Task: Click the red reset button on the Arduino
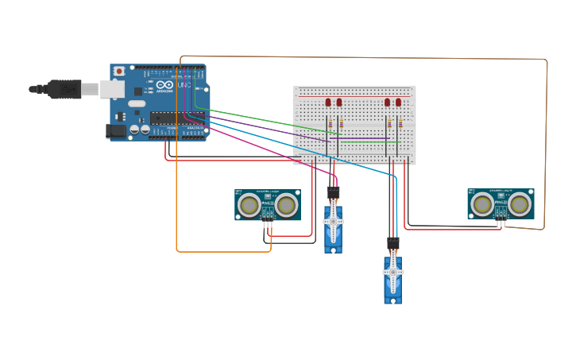[119, 71]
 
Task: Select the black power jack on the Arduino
[116, 131]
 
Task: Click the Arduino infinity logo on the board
[164, 85]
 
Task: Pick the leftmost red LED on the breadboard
[328, 103]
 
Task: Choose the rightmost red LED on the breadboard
[399, 103]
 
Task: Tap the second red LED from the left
[339, 103]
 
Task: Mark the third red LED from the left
[388, 103]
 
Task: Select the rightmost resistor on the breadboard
[400, 124]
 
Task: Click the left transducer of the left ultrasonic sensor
[249, 206]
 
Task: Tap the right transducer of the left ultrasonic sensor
[286, 206]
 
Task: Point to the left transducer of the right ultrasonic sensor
[482, 204]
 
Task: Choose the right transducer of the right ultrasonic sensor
[519, 204]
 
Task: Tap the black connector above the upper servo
[333, 192]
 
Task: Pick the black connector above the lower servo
[392, 243]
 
